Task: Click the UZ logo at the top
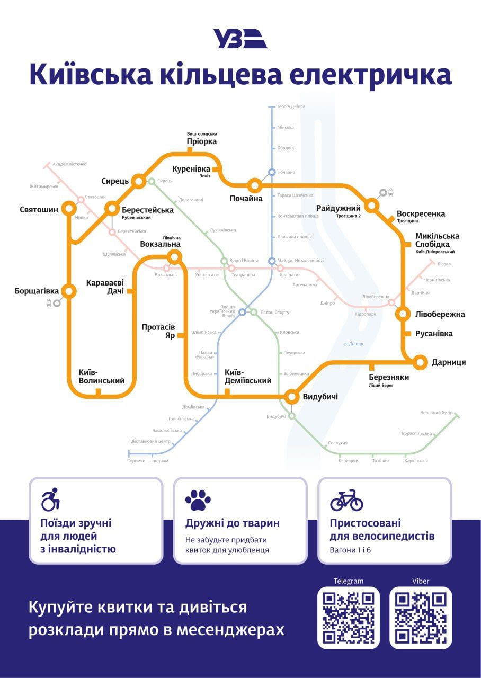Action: coord(240,39)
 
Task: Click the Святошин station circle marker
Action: coord(69,208)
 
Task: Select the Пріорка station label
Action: coord(202,141)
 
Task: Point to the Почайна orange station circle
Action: coord(255,185)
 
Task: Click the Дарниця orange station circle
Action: coord(420,362)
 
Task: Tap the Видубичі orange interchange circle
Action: coord(292,396)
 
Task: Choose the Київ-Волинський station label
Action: coord(102,376)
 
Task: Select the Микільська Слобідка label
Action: coord(437,240)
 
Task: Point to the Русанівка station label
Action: coord(434,334)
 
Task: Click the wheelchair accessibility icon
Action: coord(50,499)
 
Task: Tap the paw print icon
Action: coord(198,500)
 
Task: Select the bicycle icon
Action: coord(346,500)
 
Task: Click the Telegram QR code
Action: coord(349,617)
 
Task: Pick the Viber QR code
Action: coord(421,617)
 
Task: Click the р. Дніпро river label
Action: coord(353,344)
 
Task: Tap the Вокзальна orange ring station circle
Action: coord(174,257)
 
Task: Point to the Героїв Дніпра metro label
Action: coord(291,106)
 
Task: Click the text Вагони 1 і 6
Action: coord(350,550)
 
